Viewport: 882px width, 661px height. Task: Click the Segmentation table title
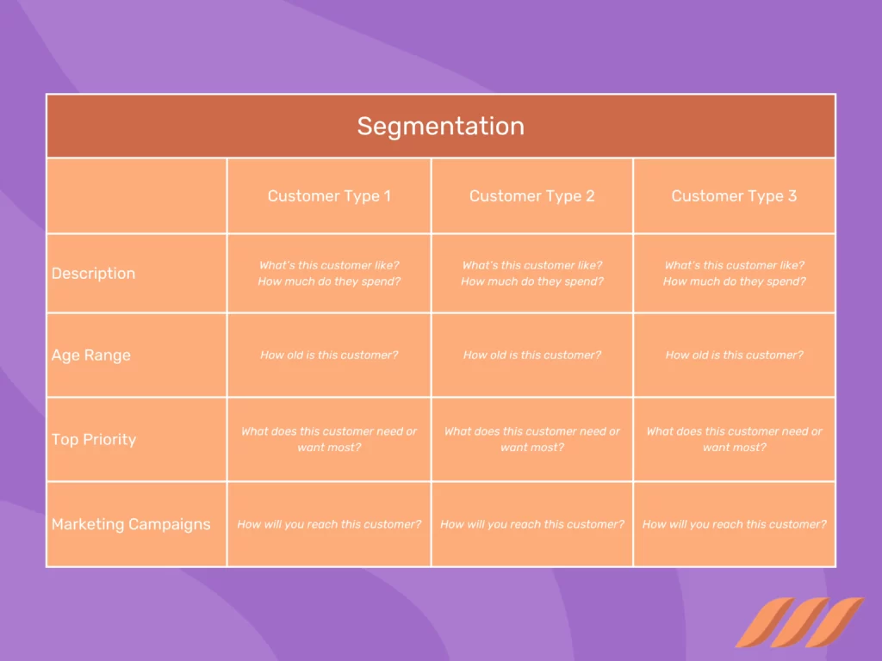(x=440, y=127)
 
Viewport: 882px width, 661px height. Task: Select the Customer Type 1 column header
(x=329, y=196)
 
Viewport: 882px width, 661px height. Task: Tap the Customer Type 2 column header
(x=531, y=196)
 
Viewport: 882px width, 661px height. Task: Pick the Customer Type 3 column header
(x=734, y=196)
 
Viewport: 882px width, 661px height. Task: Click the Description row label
(x=93, y=274)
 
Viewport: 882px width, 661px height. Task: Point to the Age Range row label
(x=91, y=355)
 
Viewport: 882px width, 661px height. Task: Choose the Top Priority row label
(x=94, y=440)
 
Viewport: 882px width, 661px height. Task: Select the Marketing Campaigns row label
(x=131, y=524)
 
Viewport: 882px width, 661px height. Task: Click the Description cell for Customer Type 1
(x=329, y=274)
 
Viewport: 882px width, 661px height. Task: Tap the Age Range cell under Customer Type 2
(x=531, y=355)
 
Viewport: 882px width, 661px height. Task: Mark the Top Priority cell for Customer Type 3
(x=734, y=439)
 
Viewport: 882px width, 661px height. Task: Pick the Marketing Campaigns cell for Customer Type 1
(x=329, y=524)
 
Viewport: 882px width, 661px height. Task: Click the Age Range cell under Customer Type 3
(x=734, y=355)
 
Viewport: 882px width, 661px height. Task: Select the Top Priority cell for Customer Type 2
(x=531, y=439)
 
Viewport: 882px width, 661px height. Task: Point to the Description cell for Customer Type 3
(x=734, y=274)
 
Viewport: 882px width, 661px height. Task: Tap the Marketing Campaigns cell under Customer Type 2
(x=531, y=524)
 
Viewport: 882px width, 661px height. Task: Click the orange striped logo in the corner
(x=798, y=621)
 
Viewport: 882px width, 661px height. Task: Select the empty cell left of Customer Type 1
(x=136, y=196)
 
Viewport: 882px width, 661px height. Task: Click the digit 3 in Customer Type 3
(x=792, y=196)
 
